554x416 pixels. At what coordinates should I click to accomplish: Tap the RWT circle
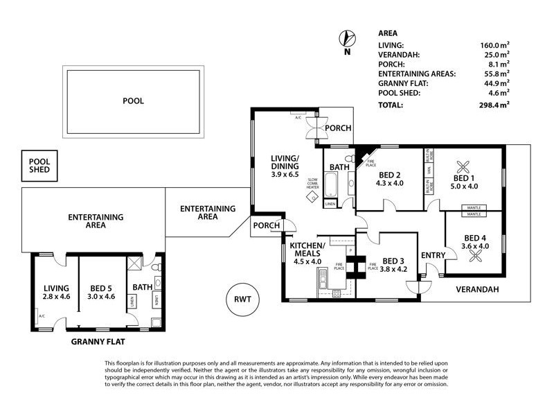pyautogui.click(x=241, y=300)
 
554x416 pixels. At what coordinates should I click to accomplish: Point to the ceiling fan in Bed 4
pyautogui.click(x=477, y=257)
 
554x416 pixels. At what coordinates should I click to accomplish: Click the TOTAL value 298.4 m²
pyautogui.click(x=494, y=105)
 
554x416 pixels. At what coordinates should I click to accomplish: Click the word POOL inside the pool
pyautogui.click(x=133, y=101)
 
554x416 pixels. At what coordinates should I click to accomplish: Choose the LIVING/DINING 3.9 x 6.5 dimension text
pyautogui.click(x=285, y=175)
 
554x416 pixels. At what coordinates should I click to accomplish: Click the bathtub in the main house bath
pyautogui.click(x=330, y=186)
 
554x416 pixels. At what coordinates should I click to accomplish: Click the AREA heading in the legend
pyautogui.click(x=388, y=33)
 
